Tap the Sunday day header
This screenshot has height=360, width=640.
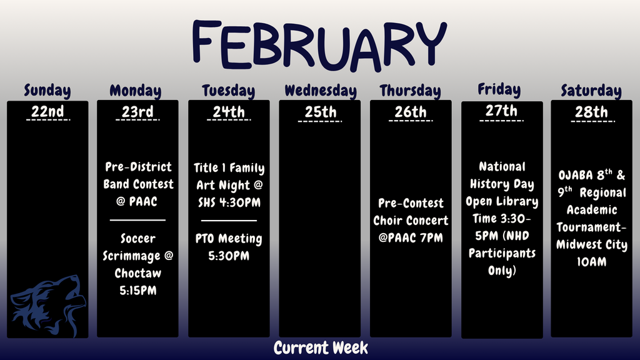(x=47, y=91)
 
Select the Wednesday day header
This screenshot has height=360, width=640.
(x=320, y=91)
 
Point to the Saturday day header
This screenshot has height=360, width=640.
(x=591, y=91)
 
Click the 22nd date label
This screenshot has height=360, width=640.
(x=47, y=112)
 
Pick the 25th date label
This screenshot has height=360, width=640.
(x=320, y=112)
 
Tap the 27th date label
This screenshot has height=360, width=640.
(x=501, y=111)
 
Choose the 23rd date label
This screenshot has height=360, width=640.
(x=137, y=112)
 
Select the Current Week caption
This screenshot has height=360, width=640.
(x=321, y=348)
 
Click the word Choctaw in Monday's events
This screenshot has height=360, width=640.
(x=137, y=273)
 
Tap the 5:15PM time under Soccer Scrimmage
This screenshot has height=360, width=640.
(x=137, y=291)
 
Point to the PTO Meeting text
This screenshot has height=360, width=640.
(x=229, y=239)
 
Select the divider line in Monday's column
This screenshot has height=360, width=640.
(x=137, y=220)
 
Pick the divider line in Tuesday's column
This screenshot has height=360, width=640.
(x=229, y=220)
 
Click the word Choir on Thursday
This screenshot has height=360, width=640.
(x=389, y=221)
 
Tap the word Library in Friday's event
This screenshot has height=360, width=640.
(x=517, y=202)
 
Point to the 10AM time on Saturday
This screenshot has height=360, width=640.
(x=591, y=262)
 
